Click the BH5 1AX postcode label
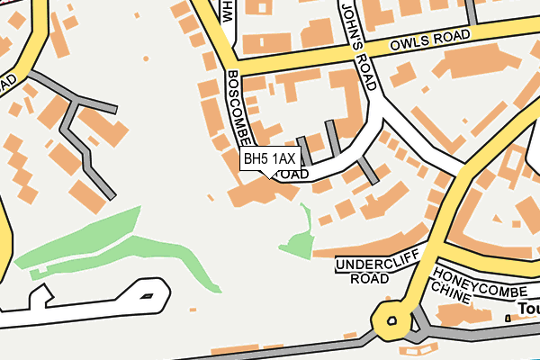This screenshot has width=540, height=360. pyautogui.click(x=268, y=159)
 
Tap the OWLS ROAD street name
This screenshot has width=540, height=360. pyautogui.click(x=430, y=41)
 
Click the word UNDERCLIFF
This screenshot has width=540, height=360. pyautogui.click(x=374, y=265)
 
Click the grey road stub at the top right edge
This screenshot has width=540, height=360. pyautogui.click(x=470, y=12)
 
